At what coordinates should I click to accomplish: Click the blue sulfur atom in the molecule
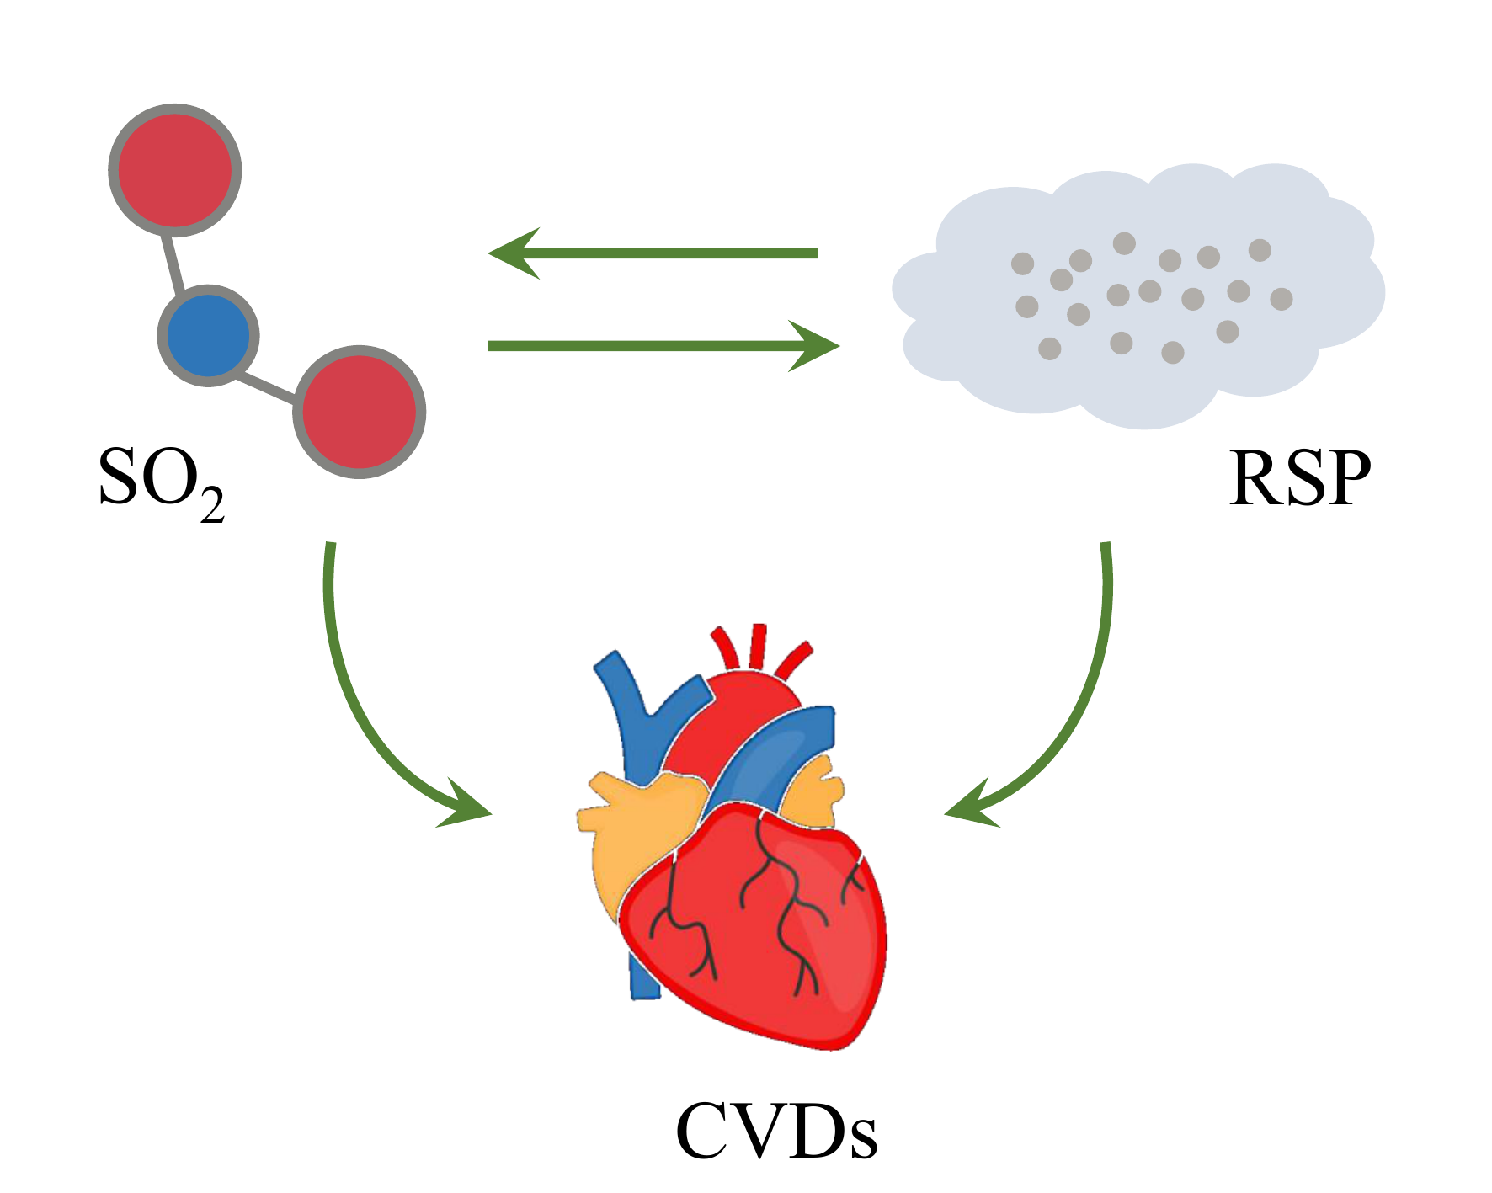[x=208, y=335]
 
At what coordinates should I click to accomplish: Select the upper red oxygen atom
[x=175, y=170]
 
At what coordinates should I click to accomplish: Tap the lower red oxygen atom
[x=360, y=412]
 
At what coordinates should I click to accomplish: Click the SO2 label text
[x=160, y=480]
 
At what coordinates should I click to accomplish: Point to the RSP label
[x=1299, y=478]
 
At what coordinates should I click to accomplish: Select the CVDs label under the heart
[x=776, y=1132]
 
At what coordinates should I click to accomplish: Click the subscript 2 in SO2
[x=212, y=503]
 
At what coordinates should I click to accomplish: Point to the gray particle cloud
[x=1137, y=295]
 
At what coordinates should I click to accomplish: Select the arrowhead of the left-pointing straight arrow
[x=515, y=253]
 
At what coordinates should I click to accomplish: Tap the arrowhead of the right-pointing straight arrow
[x=813, y=345]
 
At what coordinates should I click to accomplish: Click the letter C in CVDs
[x=706, y=1132]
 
